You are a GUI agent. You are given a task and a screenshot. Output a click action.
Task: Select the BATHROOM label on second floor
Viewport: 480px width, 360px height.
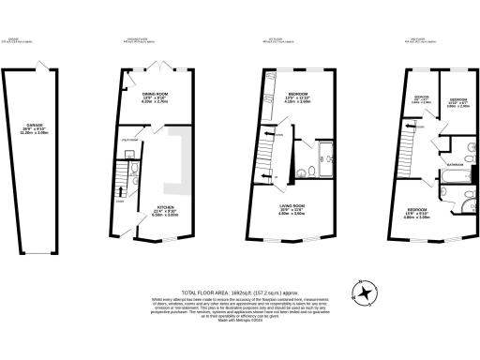(x=456, y=163)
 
